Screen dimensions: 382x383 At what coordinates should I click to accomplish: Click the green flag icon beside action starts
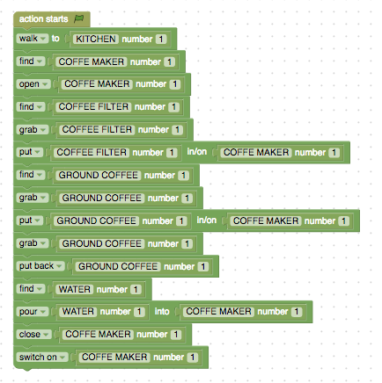click(x=78, y=18)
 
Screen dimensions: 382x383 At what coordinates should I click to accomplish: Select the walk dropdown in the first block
click(x=33, y=39)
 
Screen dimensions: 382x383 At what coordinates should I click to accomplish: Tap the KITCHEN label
click(x=96, y=39)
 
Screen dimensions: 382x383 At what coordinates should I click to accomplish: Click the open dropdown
click(x=33, y=84)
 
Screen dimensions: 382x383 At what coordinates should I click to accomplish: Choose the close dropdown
click(x=34, y=334)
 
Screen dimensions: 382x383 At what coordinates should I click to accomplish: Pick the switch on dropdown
click(x=42, y=357)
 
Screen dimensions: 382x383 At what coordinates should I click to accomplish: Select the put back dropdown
click(x=40, y=266)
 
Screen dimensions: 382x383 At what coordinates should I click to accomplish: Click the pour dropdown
click(x=33, y=311)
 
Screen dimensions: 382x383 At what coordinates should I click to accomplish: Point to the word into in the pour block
click(x=162, y=311)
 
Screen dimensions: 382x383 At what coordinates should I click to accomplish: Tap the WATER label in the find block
click(x=75, y=289)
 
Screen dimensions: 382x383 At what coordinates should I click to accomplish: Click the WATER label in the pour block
click(x=78, y=311)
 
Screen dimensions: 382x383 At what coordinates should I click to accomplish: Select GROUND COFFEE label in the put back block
click(x=118, y=266)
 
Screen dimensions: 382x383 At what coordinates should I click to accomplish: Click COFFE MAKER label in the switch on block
click(x=114, y=357)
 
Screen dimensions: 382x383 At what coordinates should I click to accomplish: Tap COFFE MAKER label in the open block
click(x=97, y=84)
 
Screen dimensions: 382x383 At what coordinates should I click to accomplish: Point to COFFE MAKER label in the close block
click(x=98, y=334)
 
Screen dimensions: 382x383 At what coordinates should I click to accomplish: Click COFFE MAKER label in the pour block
click(x=218, y=311)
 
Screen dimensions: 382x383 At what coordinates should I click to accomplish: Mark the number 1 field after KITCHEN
click(x=161, y=39)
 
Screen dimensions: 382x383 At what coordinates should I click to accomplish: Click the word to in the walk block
click(x=55, y=39)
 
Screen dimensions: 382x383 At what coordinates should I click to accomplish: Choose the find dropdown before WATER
click(x=31, y=289)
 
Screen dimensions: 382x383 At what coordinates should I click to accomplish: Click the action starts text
click(x=43, y=19)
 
